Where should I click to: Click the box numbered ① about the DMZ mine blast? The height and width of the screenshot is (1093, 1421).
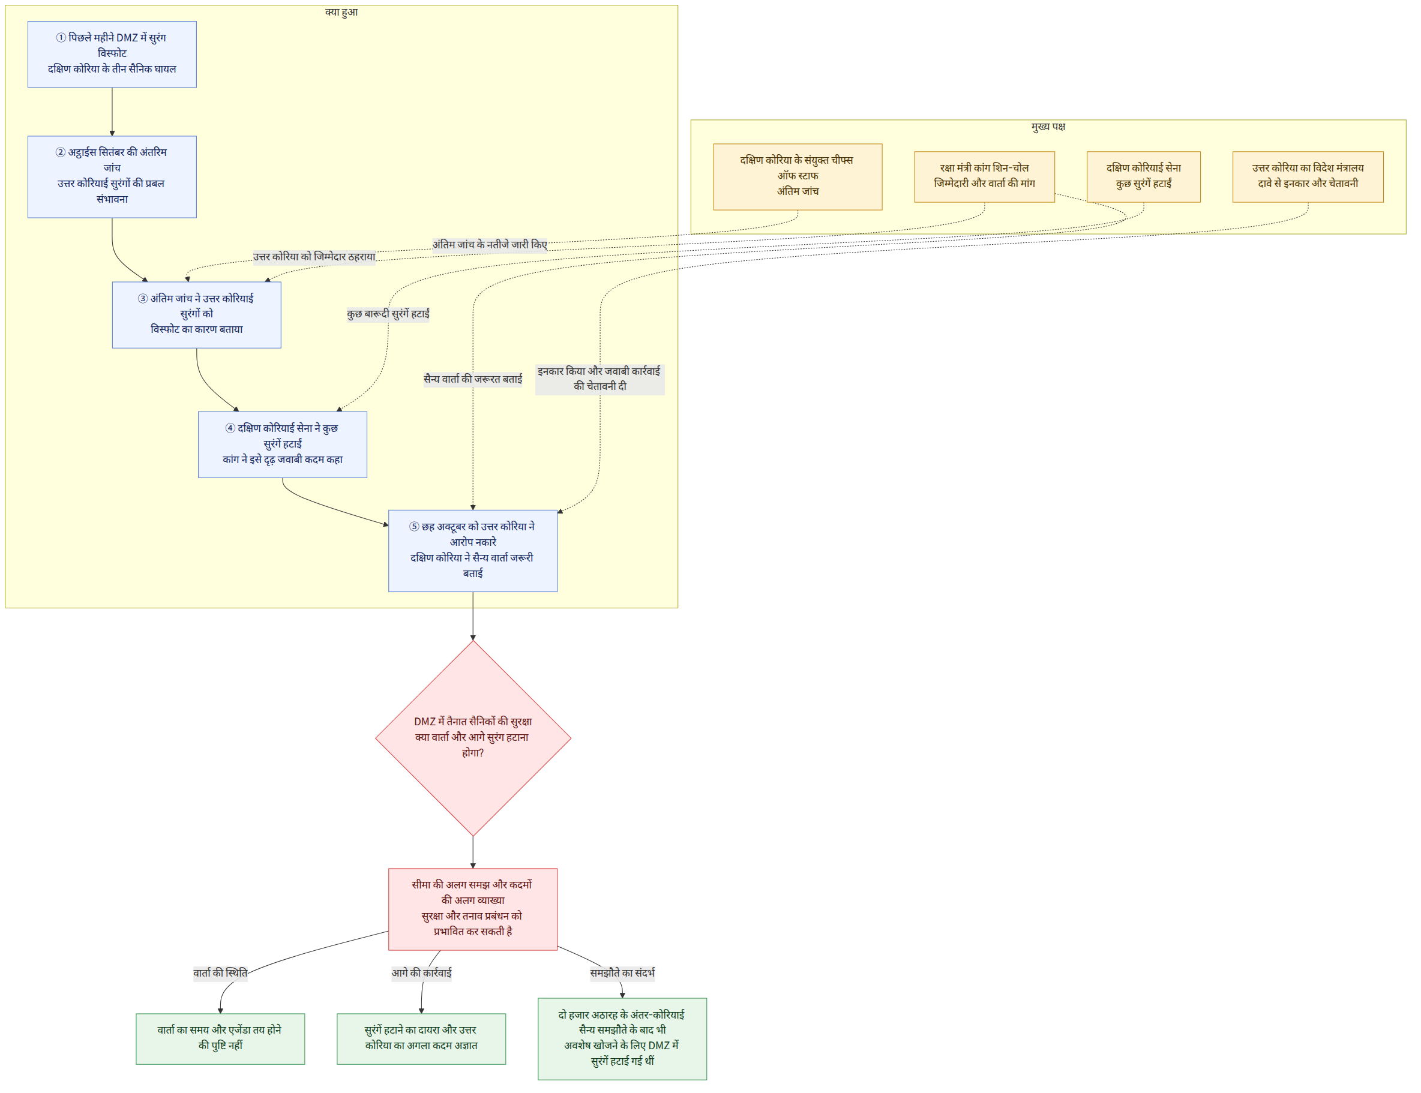(112, 54)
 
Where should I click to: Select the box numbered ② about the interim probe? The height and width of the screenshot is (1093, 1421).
(112, 176)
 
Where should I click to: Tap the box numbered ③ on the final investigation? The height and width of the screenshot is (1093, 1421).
(196, 314)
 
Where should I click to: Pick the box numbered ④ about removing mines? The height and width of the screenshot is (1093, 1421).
(283, 445)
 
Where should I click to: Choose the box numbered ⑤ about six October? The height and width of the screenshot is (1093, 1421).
(473, 551)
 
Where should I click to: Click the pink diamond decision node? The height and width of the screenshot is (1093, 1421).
(473, 738)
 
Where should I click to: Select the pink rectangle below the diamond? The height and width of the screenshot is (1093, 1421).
(473, 909)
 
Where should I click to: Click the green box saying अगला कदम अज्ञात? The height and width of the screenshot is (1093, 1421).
(421, 1038)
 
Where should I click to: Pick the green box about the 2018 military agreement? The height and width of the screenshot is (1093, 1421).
(622, 1038)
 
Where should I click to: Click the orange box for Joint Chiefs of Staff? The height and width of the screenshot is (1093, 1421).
(798, 176)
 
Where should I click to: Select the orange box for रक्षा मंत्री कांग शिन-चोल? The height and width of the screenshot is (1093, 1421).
(984, 176)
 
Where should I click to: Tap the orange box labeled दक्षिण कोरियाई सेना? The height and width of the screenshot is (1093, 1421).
(1144, 176)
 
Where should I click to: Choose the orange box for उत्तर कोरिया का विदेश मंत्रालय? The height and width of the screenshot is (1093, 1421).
(1308, 176)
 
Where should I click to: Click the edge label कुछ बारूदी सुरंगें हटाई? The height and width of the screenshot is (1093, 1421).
(388, 314)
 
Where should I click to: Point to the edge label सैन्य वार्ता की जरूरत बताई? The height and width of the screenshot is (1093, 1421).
(473, 379)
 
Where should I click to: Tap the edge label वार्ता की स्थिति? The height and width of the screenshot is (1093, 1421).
(221, 972)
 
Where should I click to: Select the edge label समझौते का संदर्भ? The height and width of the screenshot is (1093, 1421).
(622, 972)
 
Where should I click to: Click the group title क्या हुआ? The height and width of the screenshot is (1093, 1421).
(341, 12)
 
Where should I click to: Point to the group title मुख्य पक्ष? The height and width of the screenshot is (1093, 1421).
(1048, 126)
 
